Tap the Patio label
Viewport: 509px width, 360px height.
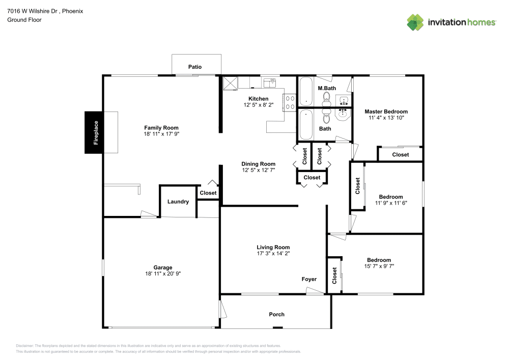click(195, 67)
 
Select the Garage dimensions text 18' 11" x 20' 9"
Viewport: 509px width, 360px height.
click(163, 273)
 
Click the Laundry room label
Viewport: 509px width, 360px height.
click(178, 202)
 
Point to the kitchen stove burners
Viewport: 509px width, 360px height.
click(290, 102)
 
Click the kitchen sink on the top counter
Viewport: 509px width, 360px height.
click(269, 81)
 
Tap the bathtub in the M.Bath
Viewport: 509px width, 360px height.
click(306, 92)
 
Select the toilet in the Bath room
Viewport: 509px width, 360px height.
click(326, 117)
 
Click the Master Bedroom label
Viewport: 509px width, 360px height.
click(386, 112)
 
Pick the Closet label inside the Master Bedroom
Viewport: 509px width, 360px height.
click(400, 155)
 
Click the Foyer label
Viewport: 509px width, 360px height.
click(309, 279)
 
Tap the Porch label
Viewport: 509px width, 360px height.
click(277, 314)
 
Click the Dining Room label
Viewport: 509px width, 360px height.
click(259, 164)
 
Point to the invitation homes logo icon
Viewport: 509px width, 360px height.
click(415, 22)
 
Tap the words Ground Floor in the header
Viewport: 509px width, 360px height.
click(24, 20)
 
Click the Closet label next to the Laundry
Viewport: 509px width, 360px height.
click(208, 193)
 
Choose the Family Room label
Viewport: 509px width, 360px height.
click(161, 128)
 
